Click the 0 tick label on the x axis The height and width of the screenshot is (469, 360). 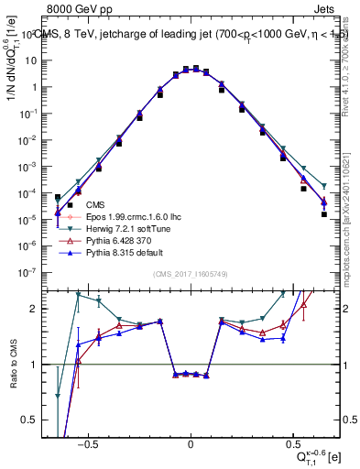coord(191,442)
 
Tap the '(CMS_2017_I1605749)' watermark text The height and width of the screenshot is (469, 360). coord(191,275)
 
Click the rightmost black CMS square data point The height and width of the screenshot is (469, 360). coord(323,214)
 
